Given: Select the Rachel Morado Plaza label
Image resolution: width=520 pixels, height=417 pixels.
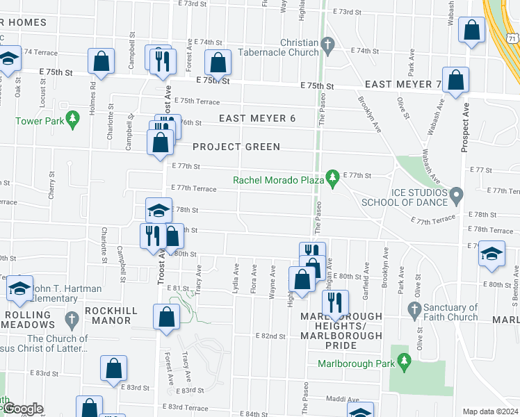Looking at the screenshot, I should [279, 180].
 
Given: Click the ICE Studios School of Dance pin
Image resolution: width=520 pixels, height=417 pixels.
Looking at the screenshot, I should [456, 194].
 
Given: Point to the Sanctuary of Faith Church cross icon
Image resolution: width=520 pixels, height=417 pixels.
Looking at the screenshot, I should [414, 308].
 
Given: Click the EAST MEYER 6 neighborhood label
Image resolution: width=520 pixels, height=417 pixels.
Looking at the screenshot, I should [257, 119].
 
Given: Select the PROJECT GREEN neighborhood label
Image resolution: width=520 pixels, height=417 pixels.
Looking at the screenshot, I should [236, 147].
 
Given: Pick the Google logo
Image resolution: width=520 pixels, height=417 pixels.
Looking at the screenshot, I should [22, 409].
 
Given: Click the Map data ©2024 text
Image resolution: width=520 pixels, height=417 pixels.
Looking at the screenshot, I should [490, 411].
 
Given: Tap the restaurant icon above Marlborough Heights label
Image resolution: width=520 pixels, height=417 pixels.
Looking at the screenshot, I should [335, 302].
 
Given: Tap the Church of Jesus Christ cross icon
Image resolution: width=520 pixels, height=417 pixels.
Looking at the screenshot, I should [71, 319].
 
